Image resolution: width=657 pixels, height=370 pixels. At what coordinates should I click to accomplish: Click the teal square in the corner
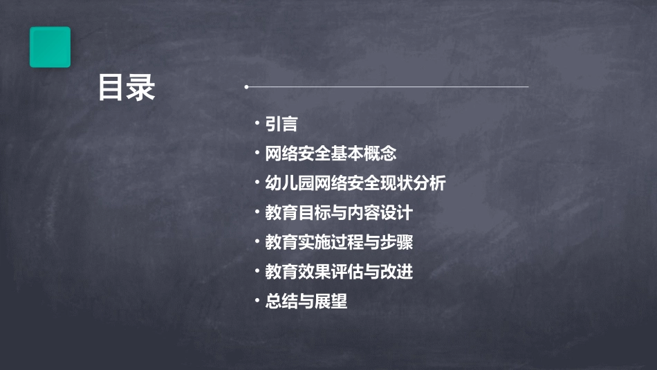pos(50,47)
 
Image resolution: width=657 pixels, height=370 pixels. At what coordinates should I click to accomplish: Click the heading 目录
pos(127,88)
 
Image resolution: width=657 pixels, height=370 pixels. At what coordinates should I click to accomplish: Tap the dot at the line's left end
pos(246,87)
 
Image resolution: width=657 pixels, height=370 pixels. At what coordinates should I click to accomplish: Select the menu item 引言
pos(281,124)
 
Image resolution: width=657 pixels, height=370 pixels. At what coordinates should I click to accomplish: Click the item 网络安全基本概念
pos(331,154)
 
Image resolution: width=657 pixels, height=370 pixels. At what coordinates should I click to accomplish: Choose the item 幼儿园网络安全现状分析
pos(355,183)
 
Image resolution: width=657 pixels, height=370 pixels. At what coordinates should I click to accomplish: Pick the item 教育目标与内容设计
pos(339,213)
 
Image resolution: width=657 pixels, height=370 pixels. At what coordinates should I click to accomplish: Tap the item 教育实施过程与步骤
pos(339,243)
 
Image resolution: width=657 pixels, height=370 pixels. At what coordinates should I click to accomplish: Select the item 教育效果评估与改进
pos(339,272)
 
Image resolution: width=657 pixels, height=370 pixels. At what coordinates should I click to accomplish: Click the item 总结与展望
pos(306,302)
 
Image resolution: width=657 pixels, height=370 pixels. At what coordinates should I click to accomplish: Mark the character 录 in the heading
pos(141,88)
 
